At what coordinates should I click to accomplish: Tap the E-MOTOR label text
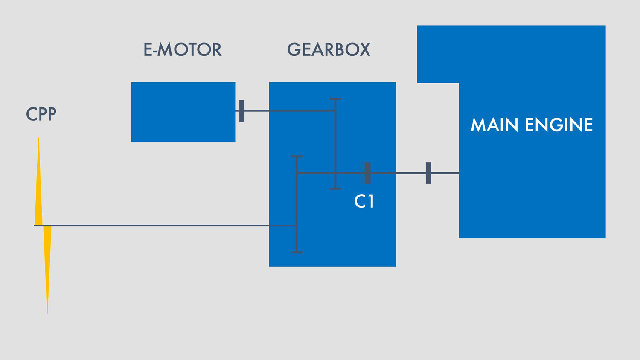click(x=183, y=49)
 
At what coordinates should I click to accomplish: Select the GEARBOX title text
click(x=329, y=49)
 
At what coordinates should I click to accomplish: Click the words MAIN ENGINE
click(x=532, y=125)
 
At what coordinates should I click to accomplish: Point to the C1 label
click(x=364, y=201)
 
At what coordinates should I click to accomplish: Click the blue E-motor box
click(x=183, y=112)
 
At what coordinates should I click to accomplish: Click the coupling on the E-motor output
click(x=242, y=111)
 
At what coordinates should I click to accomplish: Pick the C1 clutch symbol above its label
click(x=366, y=173)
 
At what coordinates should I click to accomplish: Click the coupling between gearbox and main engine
click(x=428, y=173)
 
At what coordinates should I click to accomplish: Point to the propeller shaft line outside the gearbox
click(x=151, y=226)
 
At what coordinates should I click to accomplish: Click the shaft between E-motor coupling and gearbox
click(x=257, y=111)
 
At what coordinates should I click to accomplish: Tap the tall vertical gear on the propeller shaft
click(x=297, y=205)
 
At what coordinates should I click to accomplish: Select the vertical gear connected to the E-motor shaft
click(x=335, y=144)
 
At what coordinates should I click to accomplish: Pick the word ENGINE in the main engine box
click(x=559, y=125)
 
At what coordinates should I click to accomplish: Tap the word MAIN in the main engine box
click(x=495, y=125)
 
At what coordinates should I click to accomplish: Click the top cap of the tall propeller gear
click(x=297, y=157)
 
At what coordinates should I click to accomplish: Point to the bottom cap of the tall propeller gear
click(x=297, y=253)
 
